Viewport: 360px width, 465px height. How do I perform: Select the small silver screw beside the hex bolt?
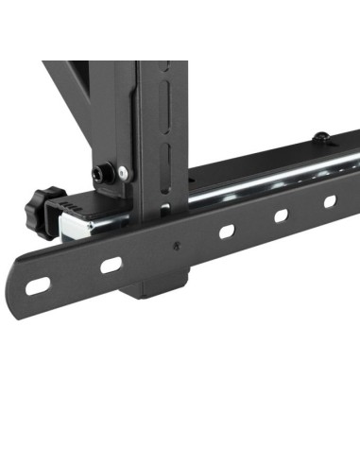(x=122, y=173)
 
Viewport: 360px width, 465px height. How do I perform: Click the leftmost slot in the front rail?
(x=39, y=284)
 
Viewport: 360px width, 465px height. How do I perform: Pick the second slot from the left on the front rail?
(x=111, y=265)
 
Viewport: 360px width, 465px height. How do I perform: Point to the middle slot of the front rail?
(x=228, y=232)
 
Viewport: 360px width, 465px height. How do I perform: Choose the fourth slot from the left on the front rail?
(x=282, y=215)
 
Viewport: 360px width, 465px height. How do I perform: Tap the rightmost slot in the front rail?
(x=330, y=201)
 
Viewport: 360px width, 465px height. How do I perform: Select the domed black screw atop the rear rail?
(x=321, y=138)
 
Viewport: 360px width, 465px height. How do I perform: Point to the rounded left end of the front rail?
(x=21, y=287)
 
